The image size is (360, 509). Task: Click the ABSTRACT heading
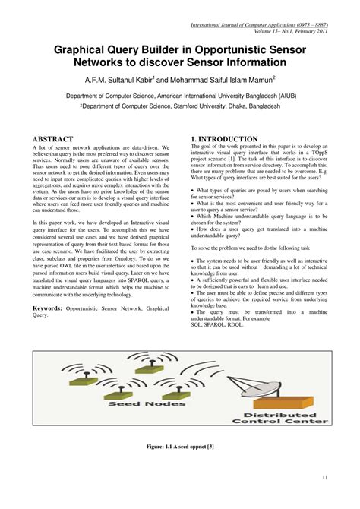53,139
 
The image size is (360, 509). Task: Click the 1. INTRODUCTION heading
224,139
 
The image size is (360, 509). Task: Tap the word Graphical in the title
87,49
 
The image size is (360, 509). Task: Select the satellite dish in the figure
292,380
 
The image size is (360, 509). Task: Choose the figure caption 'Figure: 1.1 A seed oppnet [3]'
179,447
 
